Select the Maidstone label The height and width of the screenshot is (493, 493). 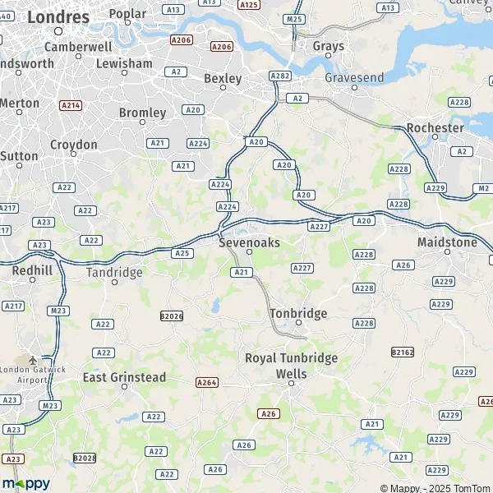point(447,242)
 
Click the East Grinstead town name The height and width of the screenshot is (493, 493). point(125,378)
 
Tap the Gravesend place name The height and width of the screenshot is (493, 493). point(354,77)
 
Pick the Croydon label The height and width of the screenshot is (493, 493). point(74,145)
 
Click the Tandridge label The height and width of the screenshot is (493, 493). point(115,272)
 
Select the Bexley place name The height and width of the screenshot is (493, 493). point(223,79)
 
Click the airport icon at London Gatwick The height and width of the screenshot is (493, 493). point(33,360)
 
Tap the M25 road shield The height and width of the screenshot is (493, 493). point(293,18)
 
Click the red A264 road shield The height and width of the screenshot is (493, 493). point(207,382)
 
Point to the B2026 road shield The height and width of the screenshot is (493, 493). point(172,316)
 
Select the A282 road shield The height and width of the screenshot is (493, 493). point(280,76)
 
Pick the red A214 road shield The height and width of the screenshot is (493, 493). point(71,105)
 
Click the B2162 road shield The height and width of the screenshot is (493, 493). point(402,352)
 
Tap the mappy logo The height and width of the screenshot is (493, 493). point(25,483)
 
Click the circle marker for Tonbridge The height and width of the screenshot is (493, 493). point(299,323)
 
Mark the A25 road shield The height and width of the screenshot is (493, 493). point(182,253)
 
